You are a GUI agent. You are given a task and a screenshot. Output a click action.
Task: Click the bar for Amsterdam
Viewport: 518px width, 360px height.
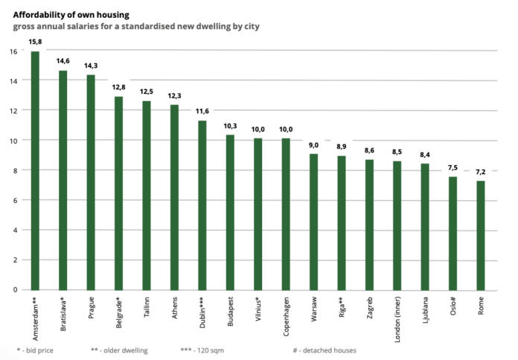coord(35,170)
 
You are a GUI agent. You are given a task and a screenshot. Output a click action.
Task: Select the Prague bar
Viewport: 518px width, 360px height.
coord(91,182)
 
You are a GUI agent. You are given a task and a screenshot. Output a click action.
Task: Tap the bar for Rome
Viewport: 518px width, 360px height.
coord(481,235)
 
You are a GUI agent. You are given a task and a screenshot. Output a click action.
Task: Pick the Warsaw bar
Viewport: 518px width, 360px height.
coord(314,222)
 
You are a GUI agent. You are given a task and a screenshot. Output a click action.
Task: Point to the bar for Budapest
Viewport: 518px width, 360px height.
coord(230,212)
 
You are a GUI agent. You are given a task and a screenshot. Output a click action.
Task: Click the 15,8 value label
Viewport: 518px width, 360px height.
coord(35,42)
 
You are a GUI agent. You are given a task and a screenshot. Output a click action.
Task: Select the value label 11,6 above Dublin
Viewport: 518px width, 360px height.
coord(202,111)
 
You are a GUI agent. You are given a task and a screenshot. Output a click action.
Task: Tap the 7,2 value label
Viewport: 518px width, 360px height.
coord(481,172)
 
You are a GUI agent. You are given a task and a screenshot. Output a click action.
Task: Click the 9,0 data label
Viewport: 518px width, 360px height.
coord(314,145)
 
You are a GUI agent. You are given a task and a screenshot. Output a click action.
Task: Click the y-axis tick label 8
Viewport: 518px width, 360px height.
coord(16,170)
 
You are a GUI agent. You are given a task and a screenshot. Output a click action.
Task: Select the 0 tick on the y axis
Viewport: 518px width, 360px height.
coord(16,289)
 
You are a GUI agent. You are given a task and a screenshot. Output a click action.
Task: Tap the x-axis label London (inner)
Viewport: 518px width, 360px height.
coord(398,318)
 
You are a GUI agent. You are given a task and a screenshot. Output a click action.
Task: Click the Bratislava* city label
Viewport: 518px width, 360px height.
coord(63,315)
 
